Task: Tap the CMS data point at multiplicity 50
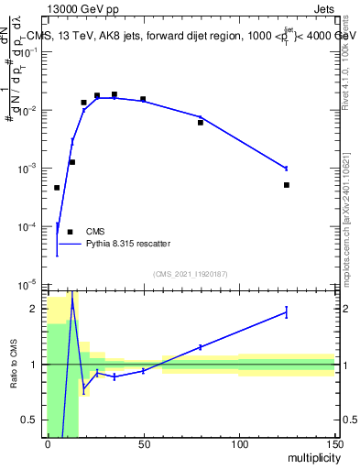click(x=143, y=99)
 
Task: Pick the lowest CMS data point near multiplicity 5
click(x=57, y=188)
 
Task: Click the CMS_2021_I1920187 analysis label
click(x=190, y=274)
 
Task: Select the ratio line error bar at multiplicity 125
click(x=287, y=312)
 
